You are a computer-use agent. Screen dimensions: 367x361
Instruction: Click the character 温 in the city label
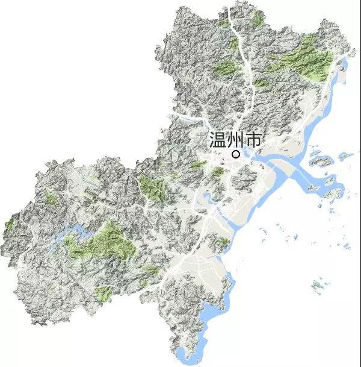217,140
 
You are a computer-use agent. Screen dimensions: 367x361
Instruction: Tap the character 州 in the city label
235,140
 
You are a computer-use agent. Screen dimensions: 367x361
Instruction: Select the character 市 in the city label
253,140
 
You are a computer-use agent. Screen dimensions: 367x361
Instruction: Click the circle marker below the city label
236,154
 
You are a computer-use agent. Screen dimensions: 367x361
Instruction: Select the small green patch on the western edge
10,225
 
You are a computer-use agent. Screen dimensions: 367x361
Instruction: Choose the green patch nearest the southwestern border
103,293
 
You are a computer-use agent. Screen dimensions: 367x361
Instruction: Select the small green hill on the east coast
223,243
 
